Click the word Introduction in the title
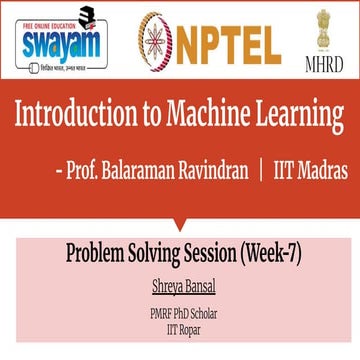click(82, 116)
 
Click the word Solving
click(169, 255)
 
